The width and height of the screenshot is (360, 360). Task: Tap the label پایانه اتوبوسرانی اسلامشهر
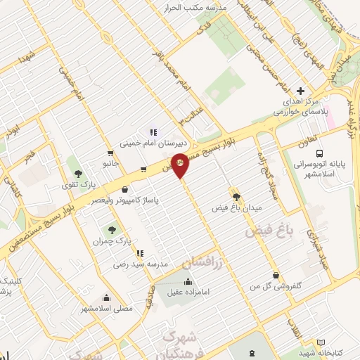320,169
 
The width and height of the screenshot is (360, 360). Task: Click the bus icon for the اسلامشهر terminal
320,153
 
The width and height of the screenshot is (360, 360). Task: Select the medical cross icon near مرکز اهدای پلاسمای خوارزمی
301,91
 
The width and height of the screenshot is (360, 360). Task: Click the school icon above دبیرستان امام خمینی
153,132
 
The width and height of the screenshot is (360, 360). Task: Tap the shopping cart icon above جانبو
110,153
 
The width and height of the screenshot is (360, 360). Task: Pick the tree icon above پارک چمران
111,229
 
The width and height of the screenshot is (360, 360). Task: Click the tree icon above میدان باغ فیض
236,197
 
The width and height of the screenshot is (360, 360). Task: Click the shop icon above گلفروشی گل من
275,275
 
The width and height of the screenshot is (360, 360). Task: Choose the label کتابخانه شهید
318,352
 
